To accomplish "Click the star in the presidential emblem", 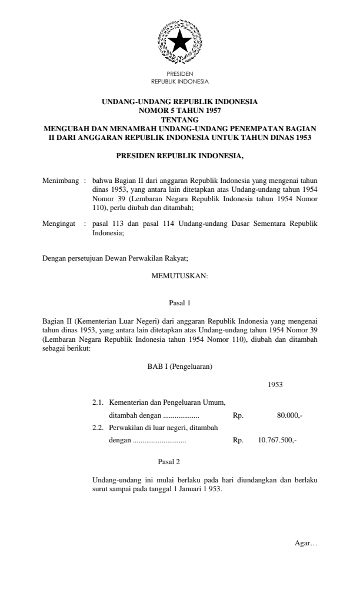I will pos(179,42).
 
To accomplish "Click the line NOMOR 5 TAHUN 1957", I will pos(179,109).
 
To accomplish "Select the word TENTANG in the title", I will pos(179,117).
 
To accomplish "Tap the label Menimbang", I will pos(61,176).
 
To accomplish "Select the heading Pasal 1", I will pos(179,304).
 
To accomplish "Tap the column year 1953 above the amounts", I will pos(275,385).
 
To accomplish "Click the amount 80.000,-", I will pos(289,415).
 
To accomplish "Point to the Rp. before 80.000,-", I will pos(238,415).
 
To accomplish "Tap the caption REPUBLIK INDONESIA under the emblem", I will pos(179,81).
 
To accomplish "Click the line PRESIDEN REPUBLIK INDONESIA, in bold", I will pos(179,156).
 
